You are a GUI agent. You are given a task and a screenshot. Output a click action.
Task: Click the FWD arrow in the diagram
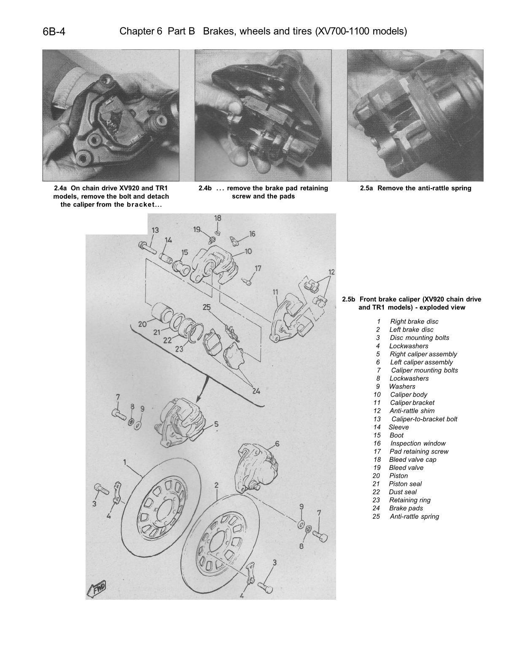(97, 588)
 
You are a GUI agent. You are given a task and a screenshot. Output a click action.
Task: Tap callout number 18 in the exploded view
(218, 218)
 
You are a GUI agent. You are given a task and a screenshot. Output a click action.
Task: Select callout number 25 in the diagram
(207, 307)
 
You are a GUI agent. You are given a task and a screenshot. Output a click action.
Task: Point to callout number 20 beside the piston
(142, 324)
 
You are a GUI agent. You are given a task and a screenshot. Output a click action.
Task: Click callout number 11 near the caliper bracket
(275, 292)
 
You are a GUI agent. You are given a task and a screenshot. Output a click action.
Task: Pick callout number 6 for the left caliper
(277, 443)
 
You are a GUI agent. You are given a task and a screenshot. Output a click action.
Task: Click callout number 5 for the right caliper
(216, 424)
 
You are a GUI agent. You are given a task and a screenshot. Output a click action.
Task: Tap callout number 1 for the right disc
(125, 462)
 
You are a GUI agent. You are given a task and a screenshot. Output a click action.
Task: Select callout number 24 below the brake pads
(256, 391)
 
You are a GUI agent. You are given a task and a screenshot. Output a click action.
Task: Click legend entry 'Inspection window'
(417, 443)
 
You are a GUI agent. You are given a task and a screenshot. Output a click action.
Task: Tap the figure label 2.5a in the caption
(366, 188)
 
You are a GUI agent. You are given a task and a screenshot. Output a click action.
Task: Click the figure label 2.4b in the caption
(205, 188)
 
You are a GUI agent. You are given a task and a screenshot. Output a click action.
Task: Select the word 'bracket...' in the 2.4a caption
(145, 205)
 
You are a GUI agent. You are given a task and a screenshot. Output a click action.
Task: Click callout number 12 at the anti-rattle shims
(331, 272)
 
